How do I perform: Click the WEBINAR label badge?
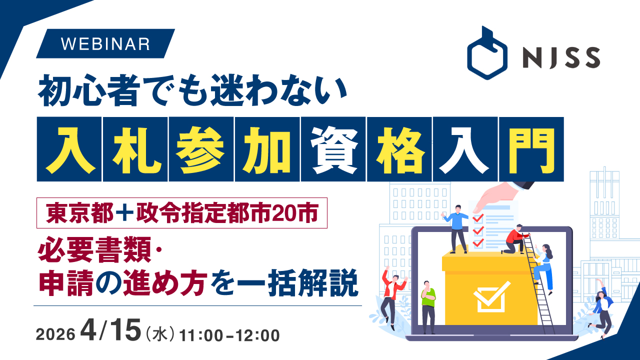105,43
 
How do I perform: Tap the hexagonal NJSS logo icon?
487,53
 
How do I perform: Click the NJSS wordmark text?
561,58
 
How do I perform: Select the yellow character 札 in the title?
135,149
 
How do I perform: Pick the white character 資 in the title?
333,149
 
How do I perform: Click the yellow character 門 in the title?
531,149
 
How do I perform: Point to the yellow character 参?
201,149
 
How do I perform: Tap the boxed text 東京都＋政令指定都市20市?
182,213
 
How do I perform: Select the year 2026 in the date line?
55,334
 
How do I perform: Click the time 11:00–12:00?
229,335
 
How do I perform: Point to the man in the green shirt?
428,307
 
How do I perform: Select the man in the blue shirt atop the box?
457,229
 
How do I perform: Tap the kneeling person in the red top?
515,239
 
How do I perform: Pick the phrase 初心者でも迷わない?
192,90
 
